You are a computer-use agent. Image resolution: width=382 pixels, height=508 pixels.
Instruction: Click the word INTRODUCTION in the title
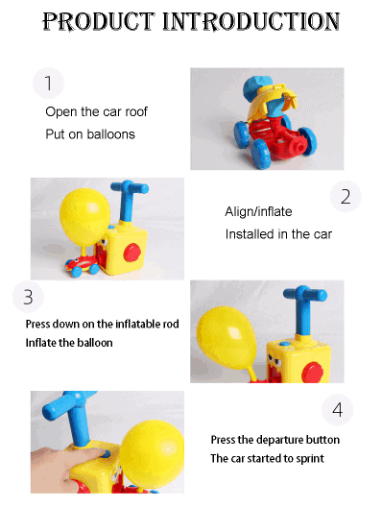[x=251, y=21]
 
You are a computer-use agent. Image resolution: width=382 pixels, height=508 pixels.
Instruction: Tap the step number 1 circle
[x=48, y=83]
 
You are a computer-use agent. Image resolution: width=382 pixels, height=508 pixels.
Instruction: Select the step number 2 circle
[x=346, y=196]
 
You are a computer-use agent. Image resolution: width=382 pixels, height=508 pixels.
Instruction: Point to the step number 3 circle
[x=28, y=297]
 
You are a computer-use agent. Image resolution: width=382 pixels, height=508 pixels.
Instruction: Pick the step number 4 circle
[x=337, y=410]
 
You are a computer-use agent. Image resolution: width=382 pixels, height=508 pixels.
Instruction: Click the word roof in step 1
[x=136, y=111]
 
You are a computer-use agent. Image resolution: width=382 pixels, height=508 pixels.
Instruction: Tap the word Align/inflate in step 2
[x=258, y=212]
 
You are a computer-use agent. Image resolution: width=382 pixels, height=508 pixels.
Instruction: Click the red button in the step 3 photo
[x=312, y=373]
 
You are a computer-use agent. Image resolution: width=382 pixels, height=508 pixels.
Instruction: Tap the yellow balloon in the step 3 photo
[x=227, y=338]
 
